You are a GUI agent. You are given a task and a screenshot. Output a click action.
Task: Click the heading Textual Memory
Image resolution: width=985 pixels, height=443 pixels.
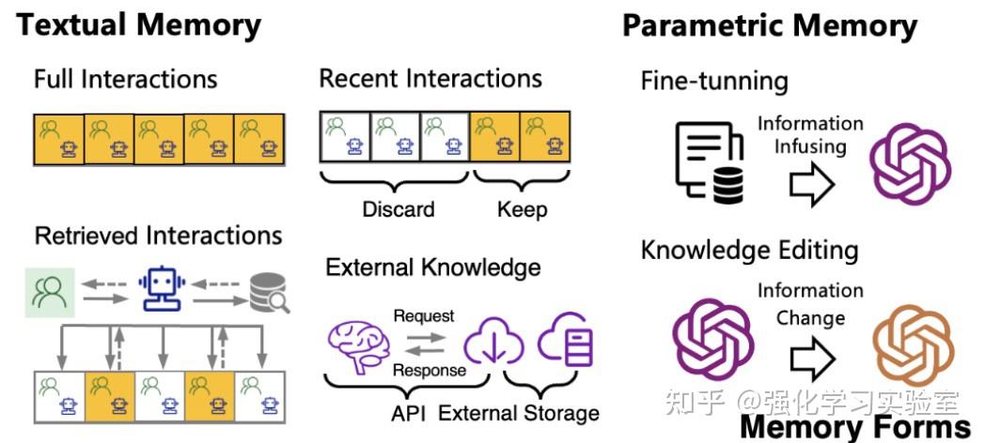pos(139,24)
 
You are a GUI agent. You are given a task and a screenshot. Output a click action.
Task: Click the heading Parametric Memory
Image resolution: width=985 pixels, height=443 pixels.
pos(769,25)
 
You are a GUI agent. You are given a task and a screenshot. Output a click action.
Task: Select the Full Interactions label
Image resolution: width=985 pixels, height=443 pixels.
pos(125,79)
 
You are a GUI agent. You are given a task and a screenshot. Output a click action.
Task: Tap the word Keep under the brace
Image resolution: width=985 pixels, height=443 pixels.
pos(522,208)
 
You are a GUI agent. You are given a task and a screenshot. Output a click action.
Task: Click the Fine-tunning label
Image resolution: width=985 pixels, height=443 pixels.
pos(714,81)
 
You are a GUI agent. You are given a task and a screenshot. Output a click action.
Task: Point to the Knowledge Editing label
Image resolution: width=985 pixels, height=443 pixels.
pos(749,250)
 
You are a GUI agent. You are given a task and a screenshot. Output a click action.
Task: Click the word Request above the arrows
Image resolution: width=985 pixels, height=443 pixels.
pos(423,315)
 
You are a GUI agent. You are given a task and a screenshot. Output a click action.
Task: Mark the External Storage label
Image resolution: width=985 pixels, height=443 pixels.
pos(519,413)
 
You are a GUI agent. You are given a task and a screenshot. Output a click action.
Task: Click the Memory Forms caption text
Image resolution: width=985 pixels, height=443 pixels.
pos(854,427)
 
